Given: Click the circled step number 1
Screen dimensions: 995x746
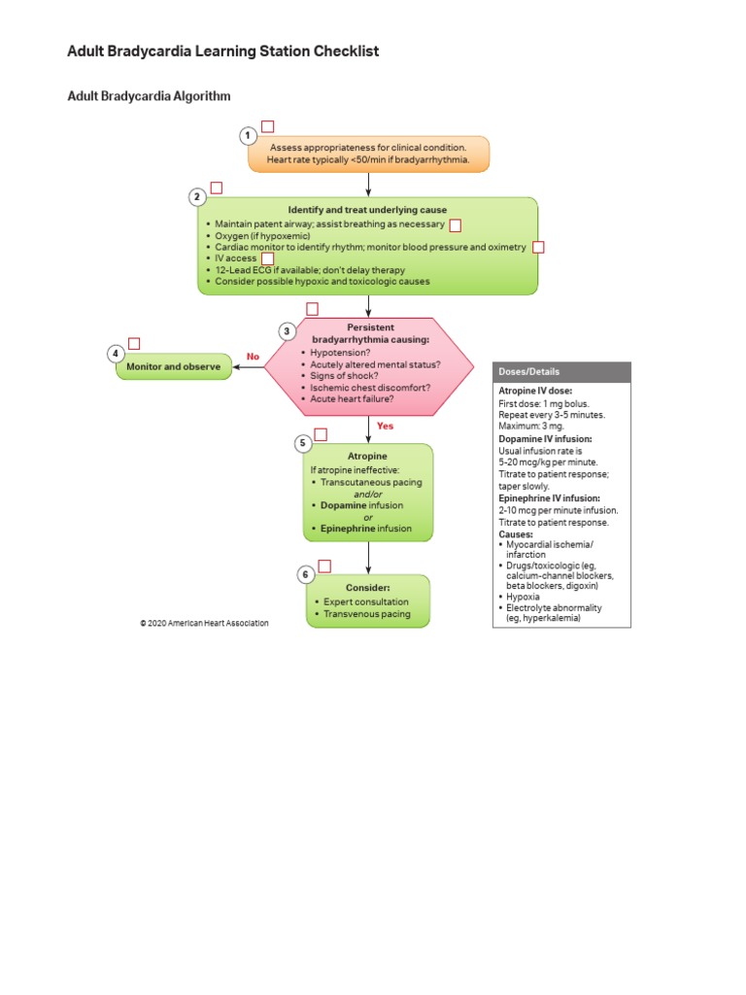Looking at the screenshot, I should tap(249, 136).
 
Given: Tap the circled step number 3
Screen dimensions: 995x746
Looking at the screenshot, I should tap(287, 331).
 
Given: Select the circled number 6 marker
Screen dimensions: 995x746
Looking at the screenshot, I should tap(306, 575).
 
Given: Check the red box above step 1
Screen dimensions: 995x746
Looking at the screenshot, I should tap(268, 126).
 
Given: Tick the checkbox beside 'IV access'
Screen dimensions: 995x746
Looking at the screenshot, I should tap(268, 258).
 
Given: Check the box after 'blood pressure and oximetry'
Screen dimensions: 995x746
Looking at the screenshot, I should tap(538, 247).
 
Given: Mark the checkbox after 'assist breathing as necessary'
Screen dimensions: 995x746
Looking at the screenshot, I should tap(455, 224).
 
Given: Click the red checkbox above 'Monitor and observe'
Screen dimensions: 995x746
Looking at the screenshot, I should tap(134, 343).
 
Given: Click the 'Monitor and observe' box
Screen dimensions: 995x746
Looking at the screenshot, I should tap(174, 366).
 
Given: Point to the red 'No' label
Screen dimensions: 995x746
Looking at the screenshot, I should tap(254, 357).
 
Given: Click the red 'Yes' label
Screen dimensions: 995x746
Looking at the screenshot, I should tap(385, 426).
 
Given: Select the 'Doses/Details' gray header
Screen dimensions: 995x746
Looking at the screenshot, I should tap(561, 372).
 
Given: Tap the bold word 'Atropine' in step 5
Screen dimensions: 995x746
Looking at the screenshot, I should tap(367, 456).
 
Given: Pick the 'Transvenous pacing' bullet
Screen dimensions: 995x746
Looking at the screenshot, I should tap(366, 614).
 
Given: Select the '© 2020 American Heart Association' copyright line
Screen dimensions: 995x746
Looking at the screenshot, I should tap(204, 623).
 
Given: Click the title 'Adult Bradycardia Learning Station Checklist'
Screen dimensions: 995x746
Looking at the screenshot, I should tap(222, 51).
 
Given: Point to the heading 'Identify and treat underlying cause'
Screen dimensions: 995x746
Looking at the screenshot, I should tap(367, 210).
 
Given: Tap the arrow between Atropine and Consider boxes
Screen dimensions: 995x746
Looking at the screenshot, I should tap(368, 557).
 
